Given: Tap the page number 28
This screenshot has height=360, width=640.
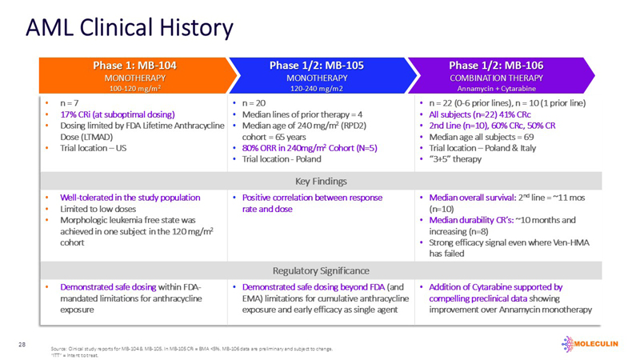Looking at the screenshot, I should tap(22, 344).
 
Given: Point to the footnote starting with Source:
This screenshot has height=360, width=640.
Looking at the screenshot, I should tap(192, 349).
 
